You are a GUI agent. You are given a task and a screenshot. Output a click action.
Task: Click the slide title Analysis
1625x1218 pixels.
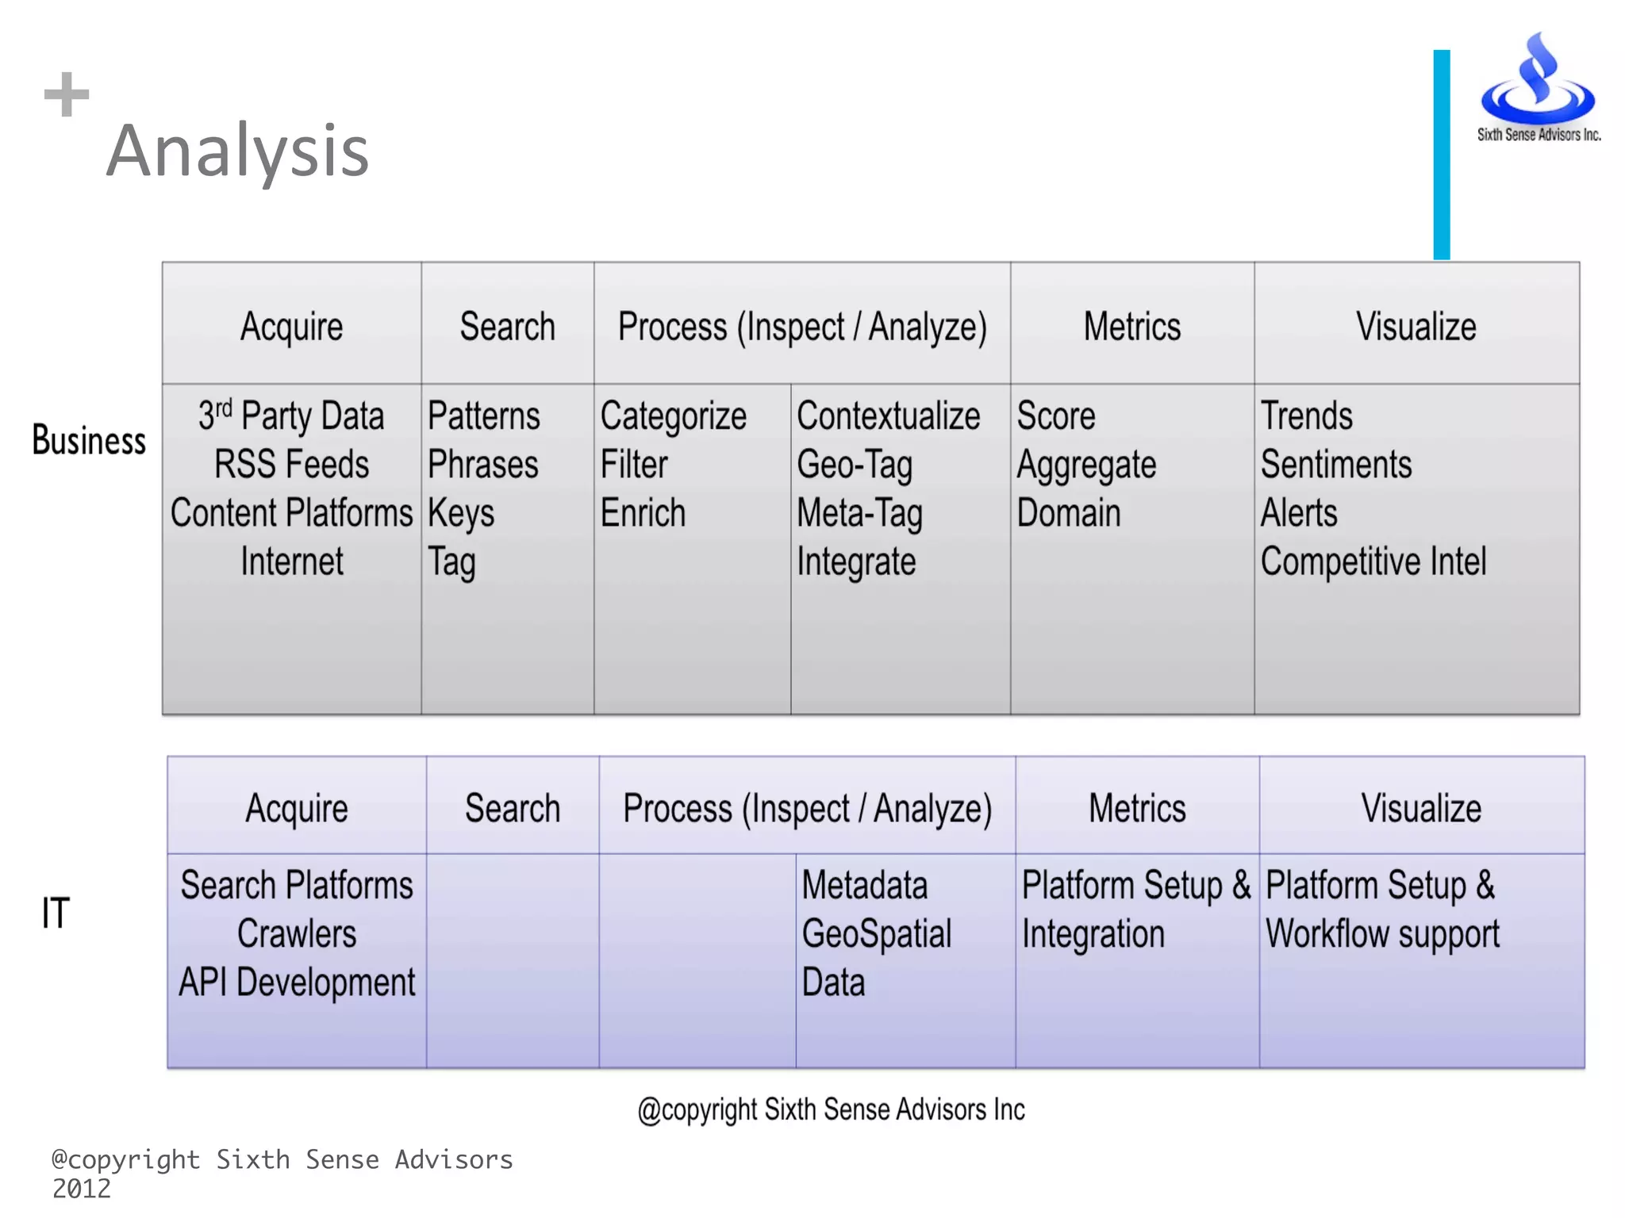(x=238, y=151)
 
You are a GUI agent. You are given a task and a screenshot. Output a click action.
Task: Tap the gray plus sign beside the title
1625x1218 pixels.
(x=67, y=94)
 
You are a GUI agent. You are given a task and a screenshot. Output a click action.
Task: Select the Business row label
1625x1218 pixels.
(x=89, y=441)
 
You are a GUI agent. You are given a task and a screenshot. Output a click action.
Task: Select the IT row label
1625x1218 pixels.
(x=56, y=913)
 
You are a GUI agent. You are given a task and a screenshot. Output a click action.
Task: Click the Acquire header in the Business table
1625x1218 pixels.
(x=291, y=327)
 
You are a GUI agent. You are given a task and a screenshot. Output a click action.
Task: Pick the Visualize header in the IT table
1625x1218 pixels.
(x=1421, y=808)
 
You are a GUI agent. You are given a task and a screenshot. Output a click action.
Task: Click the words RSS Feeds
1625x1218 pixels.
(x=291, y=465)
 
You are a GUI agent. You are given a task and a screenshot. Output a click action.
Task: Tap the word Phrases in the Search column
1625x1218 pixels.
(x=482, y=465)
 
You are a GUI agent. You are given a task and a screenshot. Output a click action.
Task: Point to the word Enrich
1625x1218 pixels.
(x=643, y=513)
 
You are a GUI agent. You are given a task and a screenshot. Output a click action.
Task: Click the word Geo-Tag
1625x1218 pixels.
(x=855, y=465)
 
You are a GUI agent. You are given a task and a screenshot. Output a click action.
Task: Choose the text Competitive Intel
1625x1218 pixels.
(x=1373, y=561)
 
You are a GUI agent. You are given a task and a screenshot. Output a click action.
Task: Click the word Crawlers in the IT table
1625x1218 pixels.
(x=297, y=934)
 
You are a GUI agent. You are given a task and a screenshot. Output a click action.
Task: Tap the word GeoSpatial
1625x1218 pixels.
(x=876, y=934)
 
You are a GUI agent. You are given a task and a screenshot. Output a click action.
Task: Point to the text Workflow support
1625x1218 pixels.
(x=1382, y=934)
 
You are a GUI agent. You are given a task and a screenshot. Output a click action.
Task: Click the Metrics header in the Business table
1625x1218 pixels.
(x=1132, y=327)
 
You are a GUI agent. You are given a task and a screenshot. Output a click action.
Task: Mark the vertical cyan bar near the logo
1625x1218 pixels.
(x=1441, y=155)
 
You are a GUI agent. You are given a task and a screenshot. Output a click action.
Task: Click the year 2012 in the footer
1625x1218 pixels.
(x=82, y=1189)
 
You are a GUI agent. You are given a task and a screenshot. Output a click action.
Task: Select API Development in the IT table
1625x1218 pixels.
(x=297, y=982)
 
